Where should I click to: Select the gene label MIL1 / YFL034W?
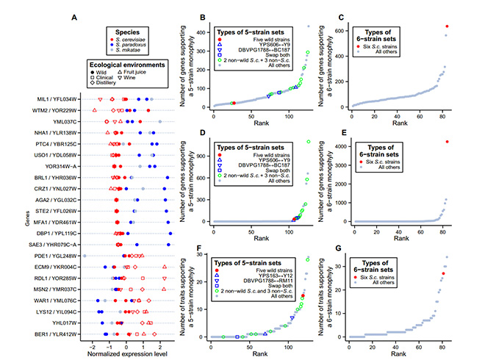pos(61,98)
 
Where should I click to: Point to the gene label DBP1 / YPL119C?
pos(61,231)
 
